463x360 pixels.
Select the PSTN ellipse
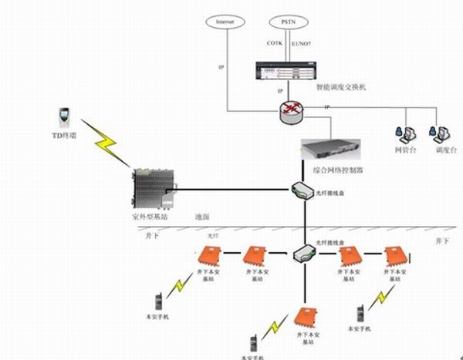click(289, 22)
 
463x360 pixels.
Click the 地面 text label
click(203, 217)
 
